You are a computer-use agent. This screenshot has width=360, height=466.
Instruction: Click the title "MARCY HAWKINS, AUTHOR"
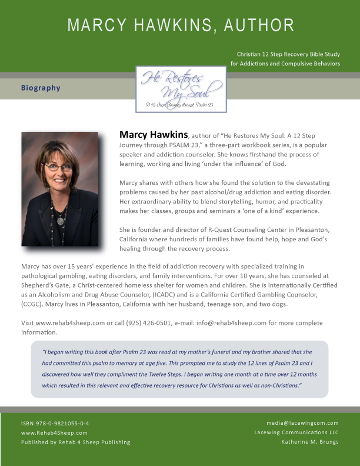pos(180,25)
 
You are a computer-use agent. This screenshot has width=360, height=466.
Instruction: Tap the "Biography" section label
pos(41,88)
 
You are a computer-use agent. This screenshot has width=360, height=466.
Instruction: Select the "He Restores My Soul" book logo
pos(181,89)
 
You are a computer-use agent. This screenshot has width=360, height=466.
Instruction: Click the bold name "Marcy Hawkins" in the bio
pos(154,135)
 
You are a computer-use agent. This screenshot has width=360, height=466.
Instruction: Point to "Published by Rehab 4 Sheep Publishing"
pos(75,442)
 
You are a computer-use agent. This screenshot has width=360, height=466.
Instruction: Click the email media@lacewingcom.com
pos(302,423)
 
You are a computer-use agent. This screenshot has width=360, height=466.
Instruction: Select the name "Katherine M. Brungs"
pos(310,442)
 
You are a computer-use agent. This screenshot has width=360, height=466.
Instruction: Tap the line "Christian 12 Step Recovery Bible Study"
pos(288,54)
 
